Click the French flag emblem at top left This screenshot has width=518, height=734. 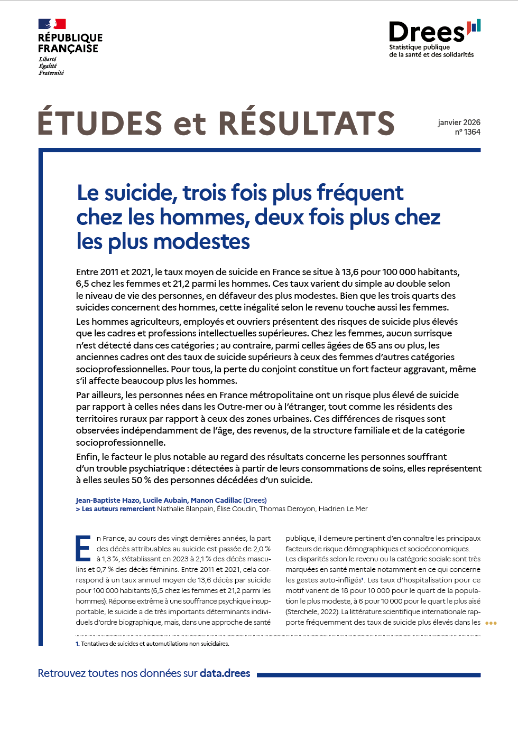52,24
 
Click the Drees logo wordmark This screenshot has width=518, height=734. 427,33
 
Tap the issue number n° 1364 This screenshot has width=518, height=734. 468,132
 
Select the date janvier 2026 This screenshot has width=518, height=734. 459,123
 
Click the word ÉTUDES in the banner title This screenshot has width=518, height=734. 100,123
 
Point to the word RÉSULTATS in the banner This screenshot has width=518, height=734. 307,123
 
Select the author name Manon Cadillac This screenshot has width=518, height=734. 216,500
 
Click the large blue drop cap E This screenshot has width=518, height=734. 84,549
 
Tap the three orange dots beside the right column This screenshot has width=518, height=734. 491,623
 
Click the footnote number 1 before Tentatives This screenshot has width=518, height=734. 77,644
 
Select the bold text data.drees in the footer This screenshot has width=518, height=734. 225,673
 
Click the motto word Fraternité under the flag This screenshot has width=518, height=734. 51,73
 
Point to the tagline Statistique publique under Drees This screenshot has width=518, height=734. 420,47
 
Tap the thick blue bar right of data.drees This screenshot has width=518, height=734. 368,675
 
